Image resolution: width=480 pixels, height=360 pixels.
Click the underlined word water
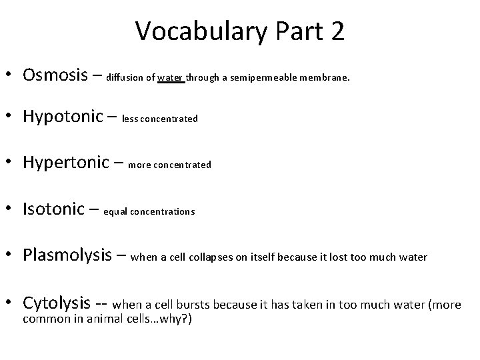pyautogui.click(x=171, y=77)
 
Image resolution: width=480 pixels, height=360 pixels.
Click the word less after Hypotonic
pyautogui.click(x=131, y=119)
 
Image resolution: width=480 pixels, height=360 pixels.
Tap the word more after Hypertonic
pyautogui.click(x=139, y=165)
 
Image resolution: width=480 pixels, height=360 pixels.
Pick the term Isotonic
pyautogui.click(x=59, y=210)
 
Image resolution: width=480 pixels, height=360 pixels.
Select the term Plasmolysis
pyautogui.click(x=71, y=255)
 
